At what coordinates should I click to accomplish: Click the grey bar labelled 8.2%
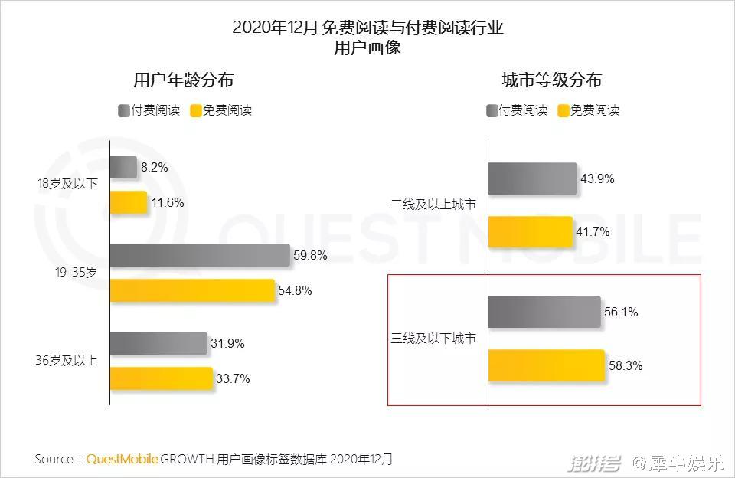(x=123, y=168)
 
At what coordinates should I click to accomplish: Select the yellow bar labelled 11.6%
(x=129, y=203)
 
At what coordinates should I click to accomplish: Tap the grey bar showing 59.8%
(x=200, y=256)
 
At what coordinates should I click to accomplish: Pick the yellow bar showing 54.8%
(x=192, y=291)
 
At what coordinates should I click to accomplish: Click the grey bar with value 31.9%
(x=158, y=344)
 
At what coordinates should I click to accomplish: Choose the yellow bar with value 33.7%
(x=162, y=379)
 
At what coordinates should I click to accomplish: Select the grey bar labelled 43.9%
(x=532, y=178)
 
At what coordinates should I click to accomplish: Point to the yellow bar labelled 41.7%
(x=531, y=232)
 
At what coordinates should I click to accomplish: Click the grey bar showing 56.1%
(x=544, y=313)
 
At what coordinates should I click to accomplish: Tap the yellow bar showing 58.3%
(x=546, y=366)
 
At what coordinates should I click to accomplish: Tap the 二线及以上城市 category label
(x=433, y=205)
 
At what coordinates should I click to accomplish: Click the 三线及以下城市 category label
(x=433, y=339)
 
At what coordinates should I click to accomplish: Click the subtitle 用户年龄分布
(x=183, y=80)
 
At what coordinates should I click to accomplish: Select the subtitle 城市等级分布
(x=551, y=80)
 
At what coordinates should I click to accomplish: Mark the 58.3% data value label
(x=626, y=366)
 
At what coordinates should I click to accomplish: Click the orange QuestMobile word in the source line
(x=122, y=460)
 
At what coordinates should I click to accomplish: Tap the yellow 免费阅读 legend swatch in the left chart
(x=195, y=110)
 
